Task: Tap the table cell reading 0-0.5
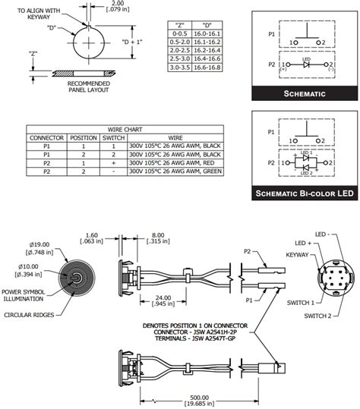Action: click(180, 33)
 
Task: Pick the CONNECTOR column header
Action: click(46, 137)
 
